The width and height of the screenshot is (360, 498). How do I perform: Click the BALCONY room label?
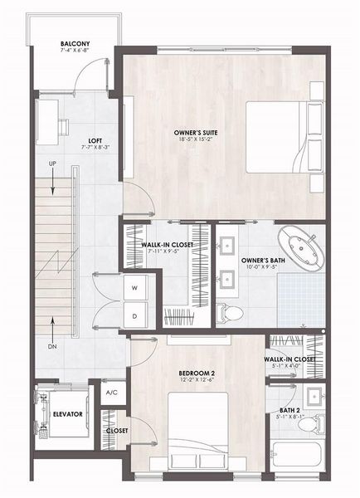coord(75,45)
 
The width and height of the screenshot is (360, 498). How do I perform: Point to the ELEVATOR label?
coord(66,413)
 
